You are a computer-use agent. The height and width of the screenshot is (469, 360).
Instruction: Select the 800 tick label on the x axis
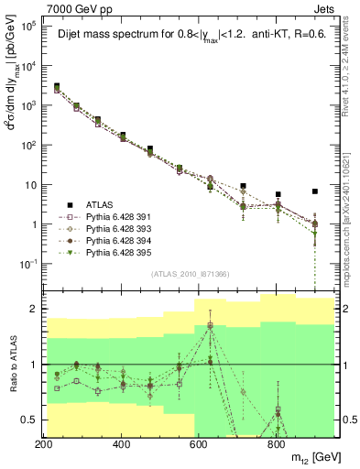click(x=278, y=444)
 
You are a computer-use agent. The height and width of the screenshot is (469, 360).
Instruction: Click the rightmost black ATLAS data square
click(x=315, y=191)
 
